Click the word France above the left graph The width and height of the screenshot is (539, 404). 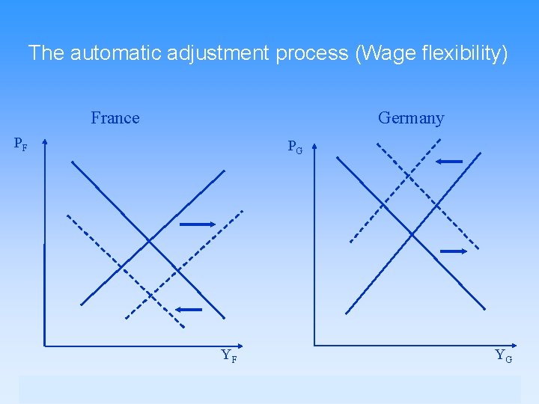click(115, 118)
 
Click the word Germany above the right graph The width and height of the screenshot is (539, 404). click(410, 118)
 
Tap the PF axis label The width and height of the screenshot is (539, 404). click(21, 143)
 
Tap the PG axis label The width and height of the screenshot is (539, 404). click(295, 147)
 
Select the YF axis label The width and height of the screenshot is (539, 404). click(229, 356)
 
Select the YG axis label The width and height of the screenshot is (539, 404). click(503, 356)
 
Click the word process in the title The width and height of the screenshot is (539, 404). click(311, 53)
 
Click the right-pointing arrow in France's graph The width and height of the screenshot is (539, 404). click(197, 223)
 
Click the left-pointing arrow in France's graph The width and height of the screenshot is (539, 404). click(189, 309)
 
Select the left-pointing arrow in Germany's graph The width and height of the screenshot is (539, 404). click(449, 161)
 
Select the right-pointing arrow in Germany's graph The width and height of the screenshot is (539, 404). click(454, 251)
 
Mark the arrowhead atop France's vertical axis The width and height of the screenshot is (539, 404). click(45, 141)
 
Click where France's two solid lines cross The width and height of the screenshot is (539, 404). click(149, 241)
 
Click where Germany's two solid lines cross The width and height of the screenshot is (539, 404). click(411, 234)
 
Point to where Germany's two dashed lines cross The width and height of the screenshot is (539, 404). click(407, 177)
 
